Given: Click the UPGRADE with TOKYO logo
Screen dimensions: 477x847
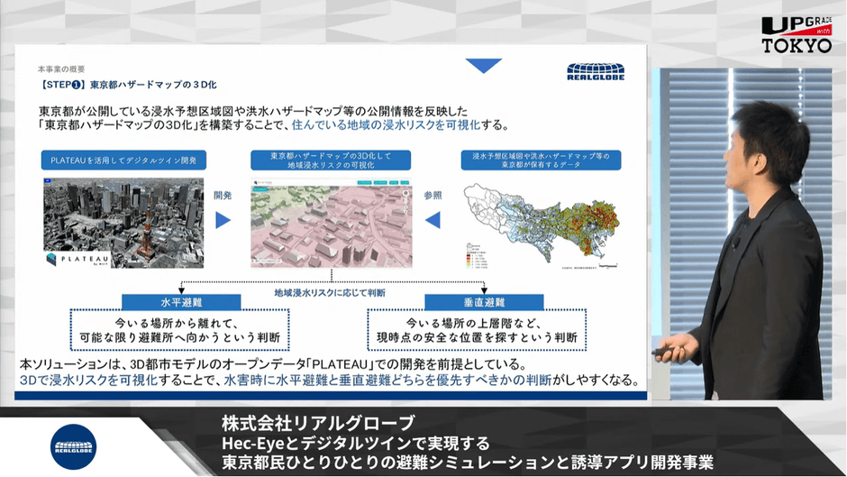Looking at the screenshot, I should [x=796, y=35].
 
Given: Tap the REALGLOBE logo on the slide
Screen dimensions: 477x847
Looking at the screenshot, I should [x=590, y=71].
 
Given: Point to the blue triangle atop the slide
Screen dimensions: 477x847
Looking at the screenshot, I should [x=484, y=65].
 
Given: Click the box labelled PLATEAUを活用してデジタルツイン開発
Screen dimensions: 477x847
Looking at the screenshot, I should [x=124, y=161].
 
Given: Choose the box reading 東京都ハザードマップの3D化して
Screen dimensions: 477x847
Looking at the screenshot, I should [x=330, y=161].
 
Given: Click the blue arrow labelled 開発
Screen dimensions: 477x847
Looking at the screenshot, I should [x=223, y=219].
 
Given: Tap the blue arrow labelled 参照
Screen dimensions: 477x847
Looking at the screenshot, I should [x=433, y=219].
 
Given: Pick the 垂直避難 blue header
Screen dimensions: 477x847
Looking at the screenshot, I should [x=475, y=301].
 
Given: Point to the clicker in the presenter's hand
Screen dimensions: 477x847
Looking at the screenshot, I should [x=669, y=352].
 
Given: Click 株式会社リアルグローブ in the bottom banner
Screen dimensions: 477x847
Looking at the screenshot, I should [x=318, y=423].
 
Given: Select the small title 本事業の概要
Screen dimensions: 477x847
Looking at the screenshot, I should [x=61, y=69].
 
